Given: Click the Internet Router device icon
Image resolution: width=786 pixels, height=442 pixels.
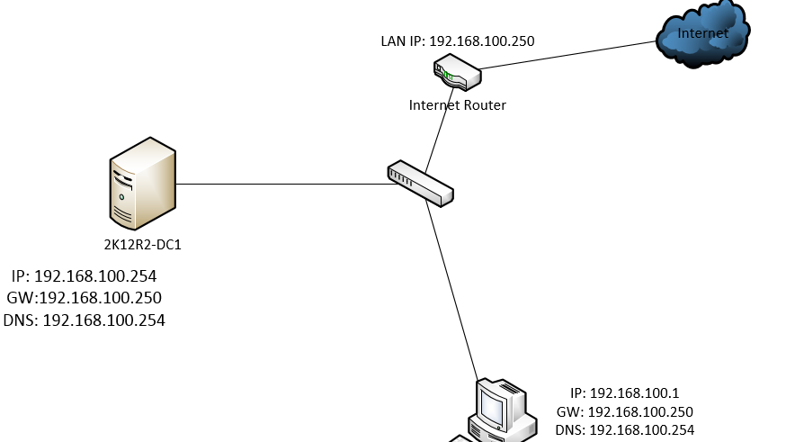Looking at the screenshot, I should click(457, 73).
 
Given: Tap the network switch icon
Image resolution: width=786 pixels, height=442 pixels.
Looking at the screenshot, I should click(420, 184).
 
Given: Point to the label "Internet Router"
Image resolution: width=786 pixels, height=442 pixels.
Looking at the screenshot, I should click(457, 105).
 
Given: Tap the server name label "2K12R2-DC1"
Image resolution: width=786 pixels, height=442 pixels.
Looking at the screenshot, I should click(143, 244).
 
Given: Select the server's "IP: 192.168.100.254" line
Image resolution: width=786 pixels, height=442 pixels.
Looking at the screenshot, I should click(85, 275).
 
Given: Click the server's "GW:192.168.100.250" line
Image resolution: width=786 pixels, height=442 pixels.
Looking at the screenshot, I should click(85, 297).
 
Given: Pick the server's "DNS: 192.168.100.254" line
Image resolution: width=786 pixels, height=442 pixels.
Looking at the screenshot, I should click(85, 320).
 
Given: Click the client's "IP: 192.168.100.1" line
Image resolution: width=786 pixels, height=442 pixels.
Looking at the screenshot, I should click(624, 393).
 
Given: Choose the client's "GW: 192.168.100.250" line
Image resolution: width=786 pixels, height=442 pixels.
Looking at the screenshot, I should click(624, 410).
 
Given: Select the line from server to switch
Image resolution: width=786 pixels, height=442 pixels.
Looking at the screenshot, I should click(279, 185).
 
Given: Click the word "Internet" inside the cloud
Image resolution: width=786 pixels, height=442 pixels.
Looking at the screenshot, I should click(702, 33).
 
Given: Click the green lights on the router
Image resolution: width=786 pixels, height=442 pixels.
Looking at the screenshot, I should click(447, 76).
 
